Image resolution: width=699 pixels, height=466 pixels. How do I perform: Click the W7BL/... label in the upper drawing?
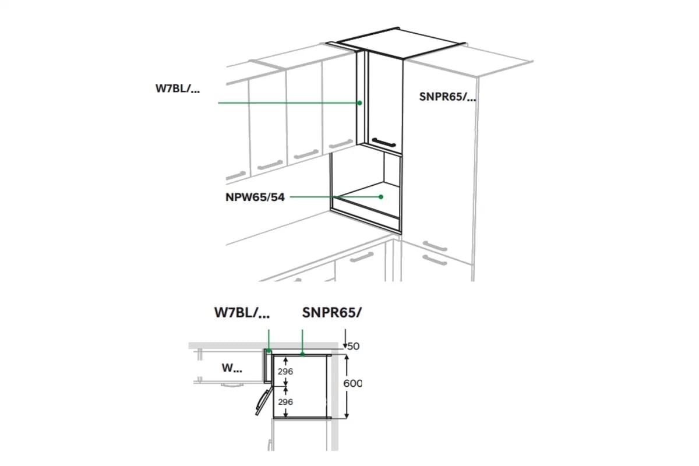pos(178,89)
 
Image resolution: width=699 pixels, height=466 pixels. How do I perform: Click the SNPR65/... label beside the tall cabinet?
pos(447,97)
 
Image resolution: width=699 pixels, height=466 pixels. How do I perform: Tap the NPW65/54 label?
pos(255,197)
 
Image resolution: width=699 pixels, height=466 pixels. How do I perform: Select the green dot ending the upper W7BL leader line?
pos(359,103)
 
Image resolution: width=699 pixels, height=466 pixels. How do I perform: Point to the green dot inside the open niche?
pos(381,197)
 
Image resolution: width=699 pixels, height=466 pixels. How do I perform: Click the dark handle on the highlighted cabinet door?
pos(384,142)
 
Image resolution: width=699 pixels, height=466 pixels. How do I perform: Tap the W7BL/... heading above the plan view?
pos(242,312)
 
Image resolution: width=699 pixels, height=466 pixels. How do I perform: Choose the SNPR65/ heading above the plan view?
pos(331,312)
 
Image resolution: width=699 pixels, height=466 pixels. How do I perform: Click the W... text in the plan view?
pos(232,368)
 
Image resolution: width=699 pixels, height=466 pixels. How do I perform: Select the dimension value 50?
pos(354,346)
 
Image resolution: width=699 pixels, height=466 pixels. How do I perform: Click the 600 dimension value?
pos(352,383)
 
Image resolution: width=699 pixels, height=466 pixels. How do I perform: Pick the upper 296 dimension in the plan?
pos(285,372)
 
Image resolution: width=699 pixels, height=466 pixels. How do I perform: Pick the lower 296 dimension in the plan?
pos(285,402)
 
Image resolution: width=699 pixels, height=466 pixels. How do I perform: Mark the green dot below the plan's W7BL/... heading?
pos(269,351)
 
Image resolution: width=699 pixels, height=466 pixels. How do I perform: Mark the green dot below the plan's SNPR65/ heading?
pos(302,354)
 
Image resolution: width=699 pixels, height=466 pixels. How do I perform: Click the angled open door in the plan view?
pos(264,402)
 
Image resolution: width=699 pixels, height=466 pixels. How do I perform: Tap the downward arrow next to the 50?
pos(345,339)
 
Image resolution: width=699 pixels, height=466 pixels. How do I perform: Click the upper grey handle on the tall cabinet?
pos(435,246)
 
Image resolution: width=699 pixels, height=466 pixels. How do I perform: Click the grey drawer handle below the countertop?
pos(362,257)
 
